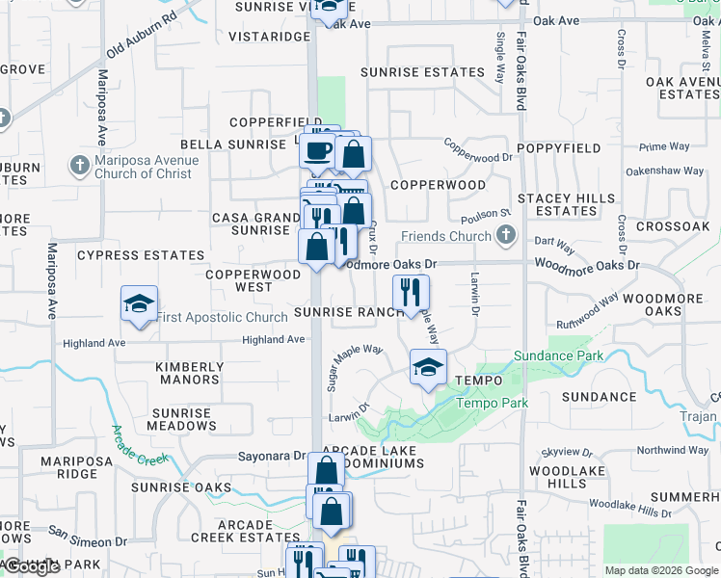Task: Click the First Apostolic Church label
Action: tap(222, 317)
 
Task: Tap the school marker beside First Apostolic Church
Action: tap(140, 304)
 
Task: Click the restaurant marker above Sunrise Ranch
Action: tap(411, 292)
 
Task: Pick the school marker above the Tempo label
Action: tap(428, 367)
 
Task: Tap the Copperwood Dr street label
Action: tap(478, 150)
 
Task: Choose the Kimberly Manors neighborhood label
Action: tap(190, 373)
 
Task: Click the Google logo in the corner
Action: tap(33, 567)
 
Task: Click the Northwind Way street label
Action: tap(673, 450)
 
